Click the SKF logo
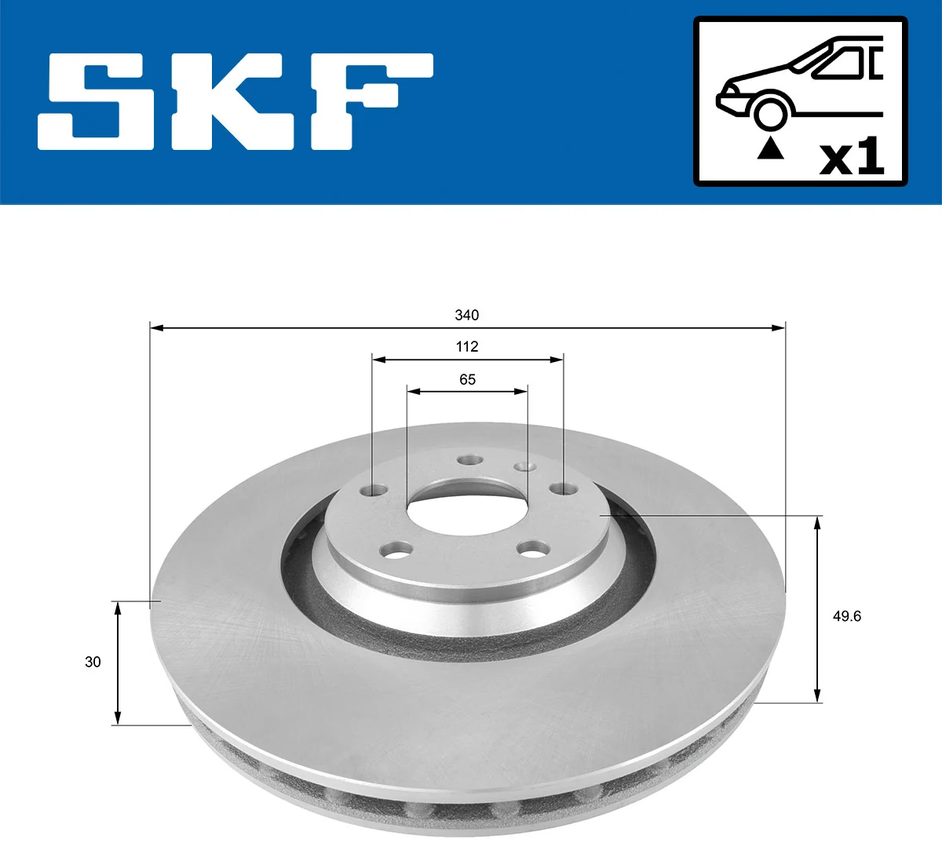[x=235, y=101]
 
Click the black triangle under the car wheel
[x=770, y=148]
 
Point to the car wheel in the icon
[x=770, y=112]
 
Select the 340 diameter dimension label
[x=466, y=315]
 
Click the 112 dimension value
[x=467, y=346]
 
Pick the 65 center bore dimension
[x=467, y=379]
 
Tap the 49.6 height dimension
[x=846, y=616]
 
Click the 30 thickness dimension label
[x=93, y=662]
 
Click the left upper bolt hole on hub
[x=374, y=490]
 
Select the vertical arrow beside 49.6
[x=818, y=609]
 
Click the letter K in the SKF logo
[x=235, y=101]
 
